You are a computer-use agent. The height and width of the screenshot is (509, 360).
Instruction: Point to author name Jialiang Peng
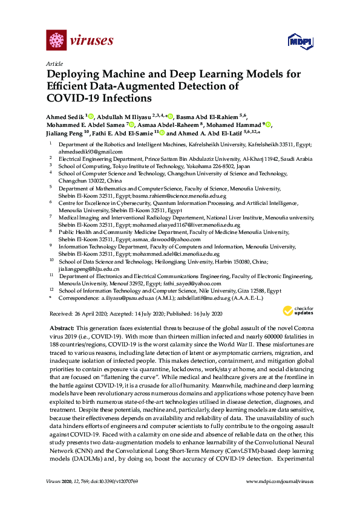64,133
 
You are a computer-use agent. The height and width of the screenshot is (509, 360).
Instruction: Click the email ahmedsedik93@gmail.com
82,152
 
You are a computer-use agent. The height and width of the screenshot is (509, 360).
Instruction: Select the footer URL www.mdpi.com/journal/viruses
280,498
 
